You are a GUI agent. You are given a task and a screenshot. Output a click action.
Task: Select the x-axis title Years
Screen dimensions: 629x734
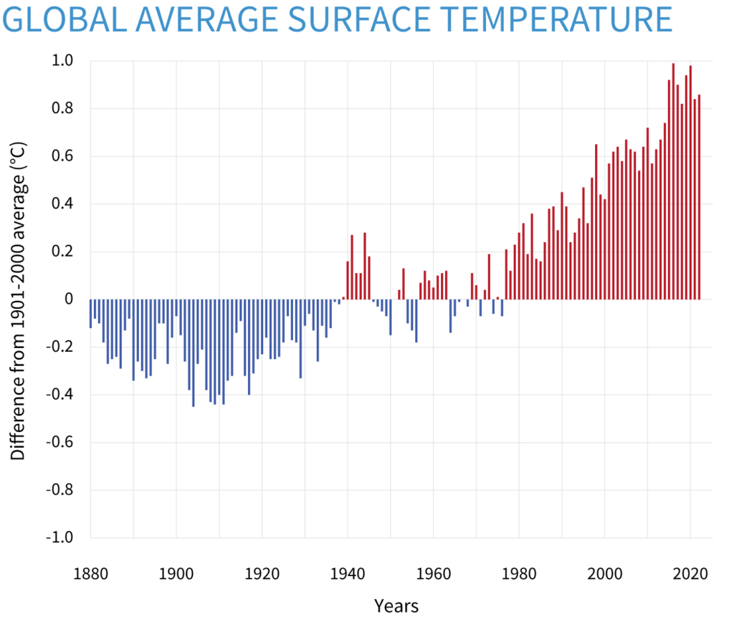(x=396, y=606)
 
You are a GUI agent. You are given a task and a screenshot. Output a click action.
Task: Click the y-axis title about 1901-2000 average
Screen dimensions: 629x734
(x=19, y=301)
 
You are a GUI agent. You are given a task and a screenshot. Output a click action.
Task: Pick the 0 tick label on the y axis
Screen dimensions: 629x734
(x=70, y=299)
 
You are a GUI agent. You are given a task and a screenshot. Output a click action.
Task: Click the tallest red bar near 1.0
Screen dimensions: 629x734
(x=673, y=179)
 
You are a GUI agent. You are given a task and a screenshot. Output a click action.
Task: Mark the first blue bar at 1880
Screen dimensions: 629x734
(x=90, y=314)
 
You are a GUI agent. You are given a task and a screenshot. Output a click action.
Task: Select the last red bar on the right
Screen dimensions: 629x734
(x=699, y=197)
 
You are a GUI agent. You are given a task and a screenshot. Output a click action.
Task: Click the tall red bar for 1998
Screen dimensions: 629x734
(x=596, y=222)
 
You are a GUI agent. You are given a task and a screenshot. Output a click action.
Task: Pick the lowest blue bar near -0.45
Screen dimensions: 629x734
(x=194, y=353)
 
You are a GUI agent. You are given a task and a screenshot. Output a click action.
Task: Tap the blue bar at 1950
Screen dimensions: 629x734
(x=391, y=317)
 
